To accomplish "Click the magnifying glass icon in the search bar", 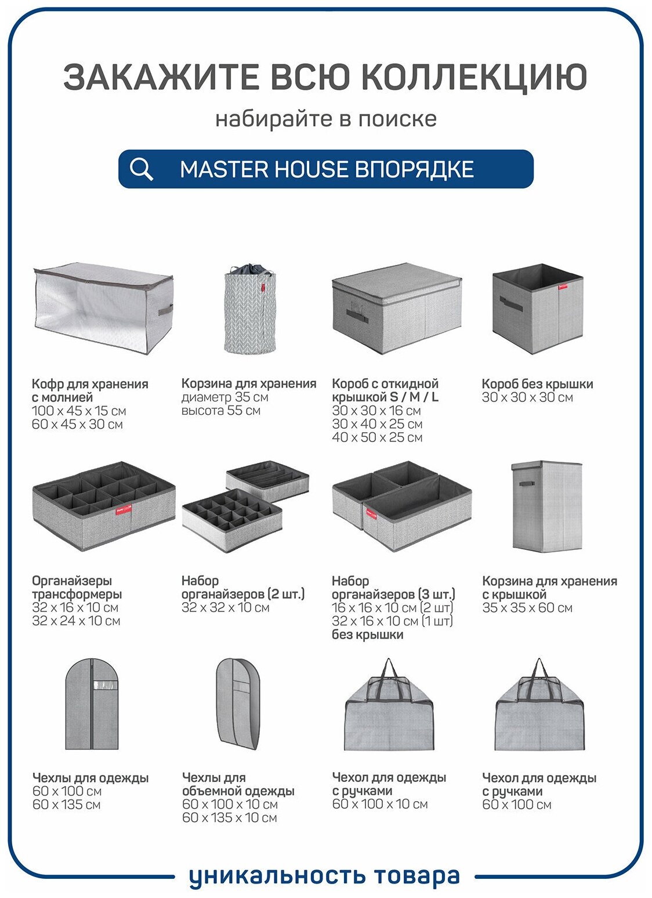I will pos(141,169).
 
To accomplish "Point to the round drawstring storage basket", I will pos(250,309).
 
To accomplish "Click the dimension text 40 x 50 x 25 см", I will pos(377,437).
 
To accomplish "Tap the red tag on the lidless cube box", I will pos(563,287).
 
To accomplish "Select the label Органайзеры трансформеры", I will pos(77,587).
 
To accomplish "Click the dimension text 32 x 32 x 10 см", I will pos(225,607).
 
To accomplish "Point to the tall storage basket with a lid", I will pos(546,506).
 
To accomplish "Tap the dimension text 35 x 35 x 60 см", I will pos(527,607).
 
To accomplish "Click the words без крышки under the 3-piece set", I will pos(367,635).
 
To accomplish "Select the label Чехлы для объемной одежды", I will pos(238,784).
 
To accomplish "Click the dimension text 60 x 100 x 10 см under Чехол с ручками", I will pos(380,804).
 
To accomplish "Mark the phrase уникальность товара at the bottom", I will pos(325,876).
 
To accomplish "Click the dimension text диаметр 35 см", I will pos(224,397).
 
